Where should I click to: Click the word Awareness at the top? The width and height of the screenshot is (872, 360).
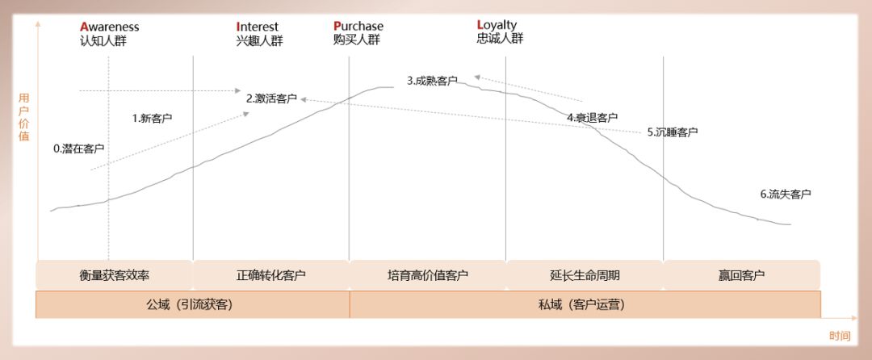110,27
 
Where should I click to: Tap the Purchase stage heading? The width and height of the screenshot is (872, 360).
358,27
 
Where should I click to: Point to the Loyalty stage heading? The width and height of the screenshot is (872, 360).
497,25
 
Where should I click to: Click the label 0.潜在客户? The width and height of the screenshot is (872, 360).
79,149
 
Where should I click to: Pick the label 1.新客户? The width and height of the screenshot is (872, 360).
152,118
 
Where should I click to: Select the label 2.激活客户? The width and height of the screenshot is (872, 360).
272,98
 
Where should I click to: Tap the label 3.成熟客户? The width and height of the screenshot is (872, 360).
432,81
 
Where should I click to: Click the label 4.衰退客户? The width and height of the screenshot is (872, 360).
592,117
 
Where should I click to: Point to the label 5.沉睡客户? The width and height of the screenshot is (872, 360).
673,132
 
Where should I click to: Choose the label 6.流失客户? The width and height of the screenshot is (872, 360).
785,194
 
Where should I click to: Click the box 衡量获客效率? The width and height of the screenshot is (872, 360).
115,275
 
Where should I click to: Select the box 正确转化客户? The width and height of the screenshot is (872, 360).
271,275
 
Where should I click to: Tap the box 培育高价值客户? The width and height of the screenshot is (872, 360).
428,275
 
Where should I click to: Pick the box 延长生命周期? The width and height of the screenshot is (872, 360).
585,275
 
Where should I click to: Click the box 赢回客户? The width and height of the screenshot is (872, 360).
741,275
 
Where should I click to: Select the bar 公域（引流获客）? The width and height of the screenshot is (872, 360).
192,304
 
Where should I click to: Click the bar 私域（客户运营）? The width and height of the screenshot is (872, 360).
585,304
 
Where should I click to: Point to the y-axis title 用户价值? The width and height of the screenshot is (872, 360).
24,117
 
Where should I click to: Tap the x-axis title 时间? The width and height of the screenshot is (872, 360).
840,336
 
